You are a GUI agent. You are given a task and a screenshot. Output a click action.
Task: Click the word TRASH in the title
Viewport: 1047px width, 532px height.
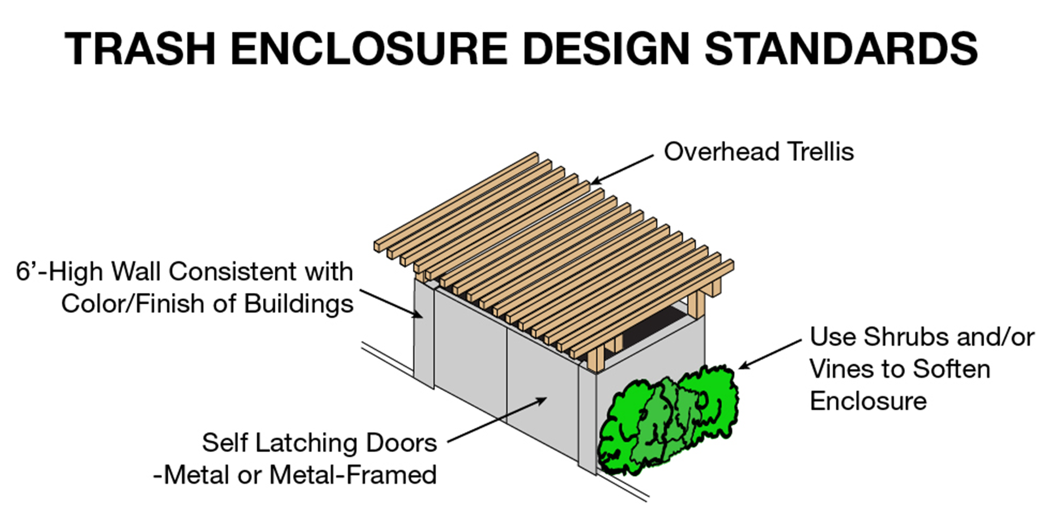(140, 49)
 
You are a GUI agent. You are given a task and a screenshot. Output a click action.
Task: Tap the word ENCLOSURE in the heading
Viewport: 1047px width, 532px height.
(368, 49)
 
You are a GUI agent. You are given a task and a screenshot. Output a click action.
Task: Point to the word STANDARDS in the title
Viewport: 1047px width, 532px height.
(841, 49)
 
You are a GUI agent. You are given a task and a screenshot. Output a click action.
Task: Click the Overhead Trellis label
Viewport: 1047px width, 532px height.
(758, 152)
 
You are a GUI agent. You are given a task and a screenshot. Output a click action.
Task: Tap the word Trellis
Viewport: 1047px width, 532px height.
(821, 152)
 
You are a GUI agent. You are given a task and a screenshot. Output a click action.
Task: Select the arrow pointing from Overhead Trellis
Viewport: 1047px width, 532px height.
(622, 169)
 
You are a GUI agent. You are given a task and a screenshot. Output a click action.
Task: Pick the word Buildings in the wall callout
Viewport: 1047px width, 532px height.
(299, 304)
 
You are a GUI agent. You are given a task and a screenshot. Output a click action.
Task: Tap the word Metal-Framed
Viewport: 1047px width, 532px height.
(353, 475)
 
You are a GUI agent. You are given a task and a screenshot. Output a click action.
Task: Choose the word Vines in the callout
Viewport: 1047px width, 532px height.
(841, 369)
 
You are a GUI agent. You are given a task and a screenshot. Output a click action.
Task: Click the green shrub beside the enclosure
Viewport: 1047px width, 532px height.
(669, 422)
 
